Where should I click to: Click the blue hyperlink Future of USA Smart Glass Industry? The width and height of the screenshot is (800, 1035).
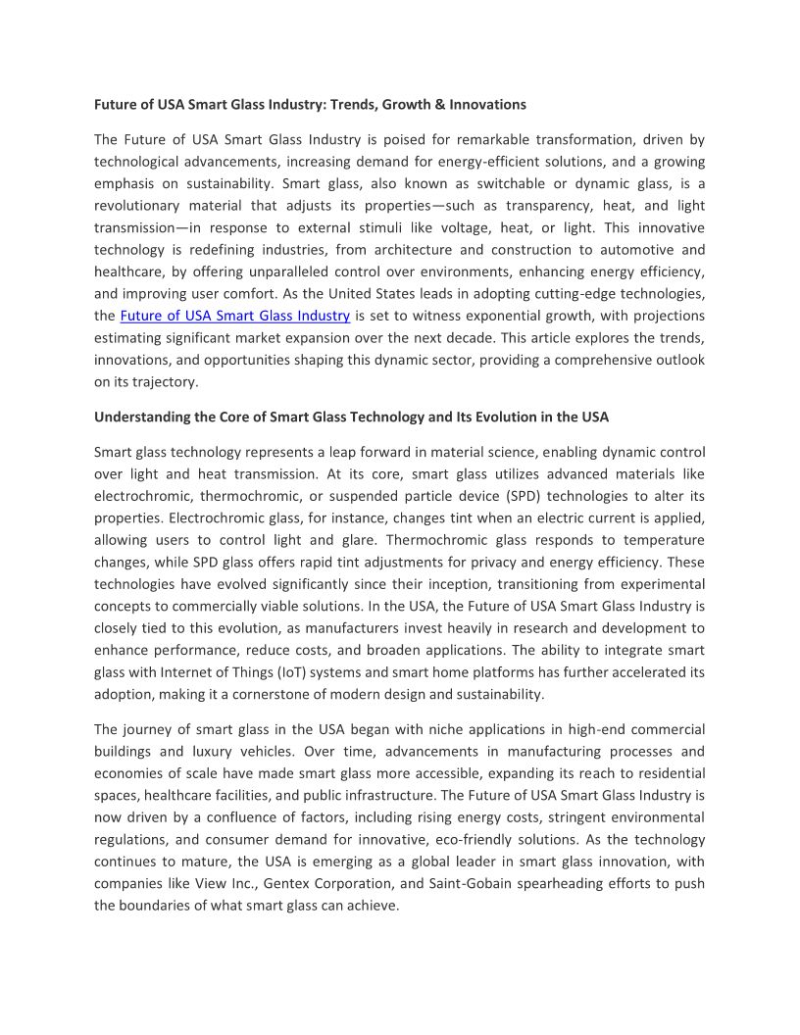tap(235, 316)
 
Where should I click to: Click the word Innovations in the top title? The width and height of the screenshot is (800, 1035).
tap(488, 104)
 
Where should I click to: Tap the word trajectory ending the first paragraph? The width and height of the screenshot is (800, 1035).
tap(157, 382)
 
